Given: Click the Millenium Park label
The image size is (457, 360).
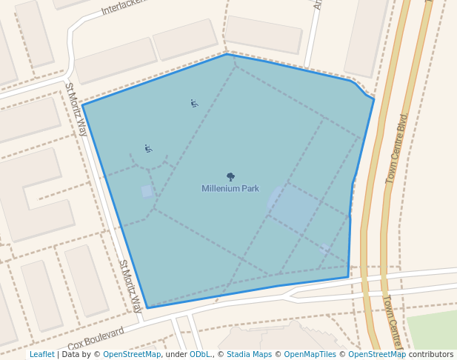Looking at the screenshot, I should coord(230,188).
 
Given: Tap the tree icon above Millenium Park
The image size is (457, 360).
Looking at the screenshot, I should coord(230,177).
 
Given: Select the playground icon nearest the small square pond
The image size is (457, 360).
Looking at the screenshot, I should coord(148,149).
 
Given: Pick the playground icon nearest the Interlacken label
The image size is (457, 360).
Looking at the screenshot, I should coord(194,104).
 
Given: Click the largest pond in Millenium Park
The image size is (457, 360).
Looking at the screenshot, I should coord(293,207).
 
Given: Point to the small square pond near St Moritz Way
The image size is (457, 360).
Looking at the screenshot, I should coord(147,191).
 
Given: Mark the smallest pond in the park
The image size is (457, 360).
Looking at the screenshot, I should coord(324,249).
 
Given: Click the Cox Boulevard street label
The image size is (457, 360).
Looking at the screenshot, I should coord(96,339).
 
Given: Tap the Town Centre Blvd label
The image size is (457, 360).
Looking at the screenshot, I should coord(397,149).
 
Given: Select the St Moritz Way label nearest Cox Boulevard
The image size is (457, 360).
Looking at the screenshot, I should coord(130,286).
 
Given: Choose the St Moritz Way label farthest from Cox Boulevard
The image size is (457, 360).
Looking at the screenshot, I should coord(76,109).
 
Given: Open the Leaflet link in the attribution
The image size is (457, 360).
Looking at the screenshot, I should coord(41,354).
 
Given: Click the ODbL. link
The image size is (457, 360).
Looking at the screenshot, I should coord(200,354).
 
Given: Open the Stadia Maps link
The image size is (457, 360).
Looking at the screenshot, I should coord(249,354).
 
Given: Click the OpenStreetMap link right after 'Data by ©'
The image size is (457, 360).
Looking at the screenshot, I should coord(132,354).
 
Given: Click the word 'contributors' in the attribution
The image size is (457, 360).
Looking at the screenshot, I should coord(431,354).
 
